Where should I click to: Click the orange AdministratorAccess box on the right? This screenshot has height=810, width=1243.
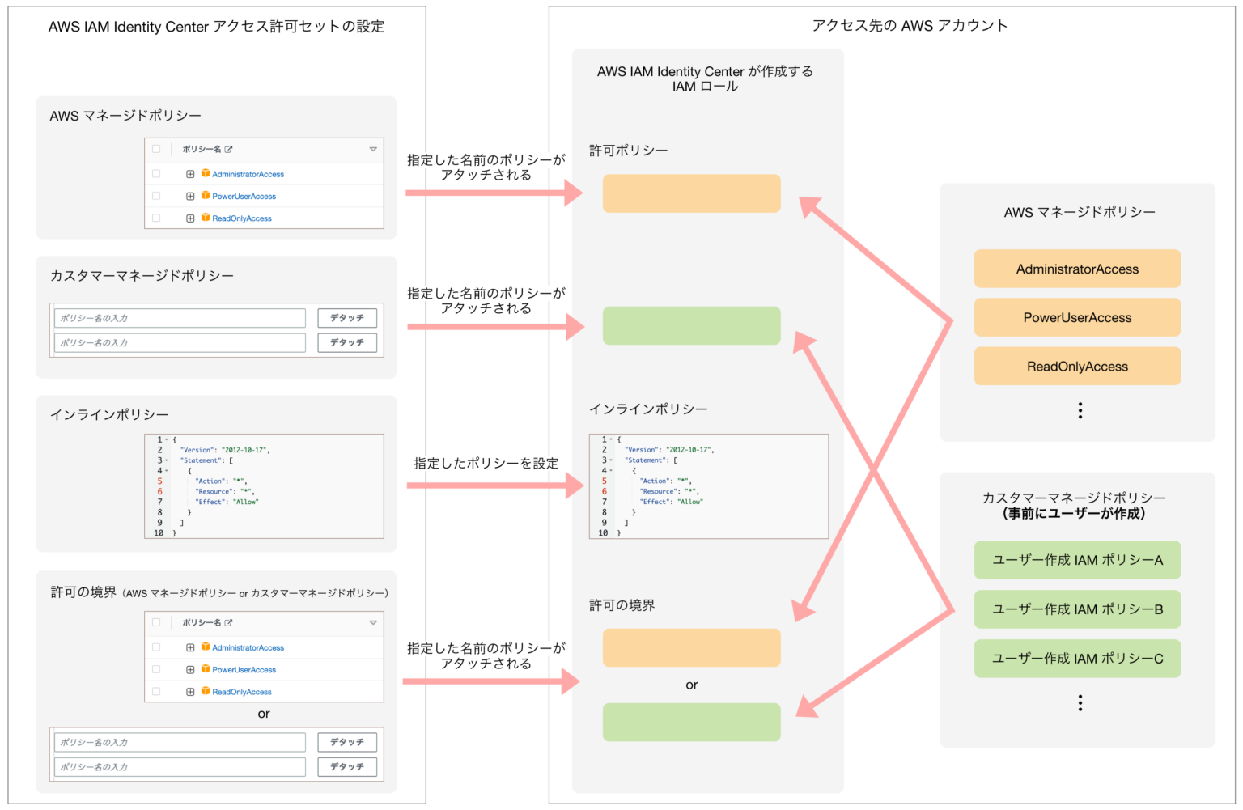1076,269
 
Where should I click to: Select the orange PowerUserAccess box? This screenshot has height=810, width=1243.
1076,317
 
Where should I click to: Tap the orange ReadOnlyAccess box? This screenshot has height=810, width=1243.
1076,366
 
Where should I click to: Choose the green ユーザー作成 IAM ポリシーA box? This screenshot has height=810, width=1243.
1076,560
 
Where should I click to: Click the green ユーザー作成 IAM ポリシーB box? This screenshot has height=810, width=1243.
1076,609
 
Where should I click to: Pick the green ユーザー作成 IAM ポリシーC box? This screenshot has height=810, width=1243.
1076,659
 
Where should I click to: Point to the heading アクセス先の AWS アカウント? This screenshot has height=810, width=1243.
910,26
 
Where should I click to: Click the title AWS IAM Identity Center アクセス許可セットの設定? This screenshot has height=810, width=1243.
216,27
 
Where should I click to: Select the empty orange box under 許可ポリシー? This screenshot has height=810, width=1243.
691,193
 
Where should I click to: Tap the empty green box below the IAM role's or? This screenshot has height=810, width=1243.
691,722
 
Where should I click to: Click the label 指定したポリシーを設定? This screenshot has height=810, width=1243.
486,464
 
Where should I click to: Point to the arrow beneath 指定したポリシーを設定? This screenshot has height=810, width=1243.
494,486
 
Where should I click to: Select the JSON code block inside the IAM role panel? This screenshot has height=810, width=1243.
708,486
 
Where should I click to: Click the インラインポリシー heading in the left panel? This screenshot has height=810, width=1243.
109,415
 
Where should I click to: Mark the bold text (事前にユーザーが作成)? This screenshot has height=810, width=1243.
1074,513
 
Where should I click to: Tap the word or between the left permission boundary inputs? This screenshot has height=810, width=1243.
264,714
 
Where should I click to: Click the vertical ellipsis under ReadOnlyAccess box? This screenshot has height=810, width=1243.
1080,410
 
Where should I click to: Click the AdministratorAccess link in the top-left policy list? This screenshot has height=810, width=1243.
248,174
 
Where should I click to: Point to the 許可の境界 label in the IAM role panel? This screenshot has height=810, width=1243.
621,605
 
